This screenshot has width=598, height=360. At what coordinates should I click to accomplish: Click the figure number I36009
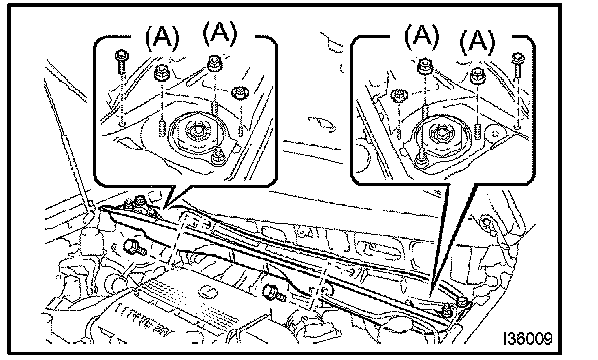pyautogui.click(x=527, y=338)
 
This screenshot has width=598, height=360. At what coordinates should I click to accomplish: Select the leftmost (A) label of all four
pyautogui.click(x=161, y=37)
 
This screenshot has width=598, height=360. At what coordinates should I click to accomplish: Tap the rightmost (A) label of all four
pyautogui.click(x=477, y=41)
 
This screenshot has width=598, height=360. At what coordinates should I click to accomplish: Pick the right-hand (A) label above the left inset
pyautogui.click(x=219, y=32)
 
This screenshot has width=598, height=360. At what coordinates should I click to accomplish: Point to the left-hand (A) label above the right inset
pyautogui.click(x=421, y=35)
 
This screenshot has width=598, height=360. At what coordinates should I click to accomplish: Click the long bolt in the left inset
pyautogui.click(x=121, y=61)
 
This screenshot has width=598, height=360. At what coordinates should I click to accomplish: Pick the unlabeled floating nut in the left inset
pyautogui.click(x=240, y=92)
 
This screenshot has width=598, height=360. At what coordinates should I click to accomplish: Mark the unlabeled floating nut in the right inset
pyautogui.click(x=399, y=94)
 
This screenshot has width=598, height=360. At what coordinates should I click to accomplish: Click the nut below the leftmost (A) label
pyautogui.click(x=161, y=72)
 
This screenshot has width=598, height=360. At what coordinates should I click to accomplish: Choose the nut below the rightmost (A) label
pyautogui.click(x=477, y=75)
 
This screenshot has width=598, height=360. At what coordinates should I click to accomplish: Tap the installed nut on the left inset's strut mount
pyautogui.click(x=218, y=155)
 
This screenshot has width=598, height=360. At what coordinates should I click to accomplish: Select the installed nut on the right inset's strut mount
pyautogui.click(x=421, y=158)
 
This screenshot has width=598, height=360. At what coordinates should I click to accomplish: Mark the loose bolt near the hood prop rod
pyautogui.click(x=134, y=247)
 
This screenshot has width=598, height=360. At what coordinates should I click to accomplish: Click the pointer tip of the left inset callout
pyautogui.click(x=163, y=209)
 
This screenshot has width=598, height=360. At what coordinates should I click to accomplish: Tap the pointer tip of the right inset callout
pyautogui.click(x=431, y=294)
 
